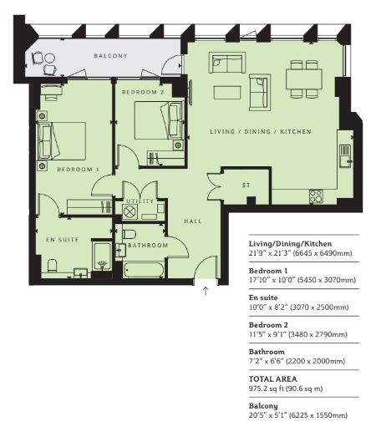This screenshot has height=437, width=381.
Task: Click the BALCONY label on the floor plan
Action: click(110, 56)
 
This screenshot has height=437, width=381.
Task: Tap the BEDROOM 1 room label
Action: click(78, 169)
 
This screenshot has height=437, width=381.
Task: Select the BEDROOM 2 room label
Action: click(143, 92)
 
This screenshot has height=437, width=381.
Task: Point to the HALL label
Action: click(193, 221)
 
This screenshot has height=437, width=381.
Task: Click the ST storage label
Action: click(246, 185)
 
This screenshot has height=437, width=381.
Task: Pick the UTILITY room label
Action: click(140, 201)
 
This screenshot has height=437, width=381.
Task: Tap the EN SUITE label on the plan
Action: click(63, 240)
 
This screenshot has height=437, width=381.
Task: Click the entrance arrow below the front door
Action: click(206, 291)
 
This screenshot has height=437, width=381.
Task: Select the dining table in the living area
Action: click(304, 79)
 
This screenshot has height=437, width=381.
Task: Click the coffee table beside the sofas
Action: click(227, 93)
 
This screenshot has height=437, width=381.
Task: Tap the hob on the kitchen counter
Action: click(316, 196)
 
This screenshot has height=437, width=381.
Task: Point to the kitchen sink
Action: click(345, 156)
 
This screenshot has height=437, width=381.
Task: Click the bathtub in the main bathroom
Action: click(144, 270)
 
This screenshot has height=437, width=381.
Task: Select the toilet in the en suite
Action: click(52, 266)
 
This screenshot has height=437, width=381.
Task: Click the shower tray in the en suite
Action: click(102, 257)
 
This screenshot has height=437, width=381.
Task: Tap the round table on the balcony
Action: click(49, 58)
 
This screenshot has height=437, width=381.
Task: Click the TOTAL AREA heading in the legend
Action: click(273, 379)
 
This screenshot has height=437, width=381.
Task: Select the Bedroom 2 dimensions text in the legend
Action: click(298, 334)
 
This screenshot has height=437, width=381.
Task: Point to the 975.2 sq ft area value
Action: click(266, 389)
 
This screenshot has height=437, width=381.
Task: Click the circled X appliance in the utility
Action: click(129, 211)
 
